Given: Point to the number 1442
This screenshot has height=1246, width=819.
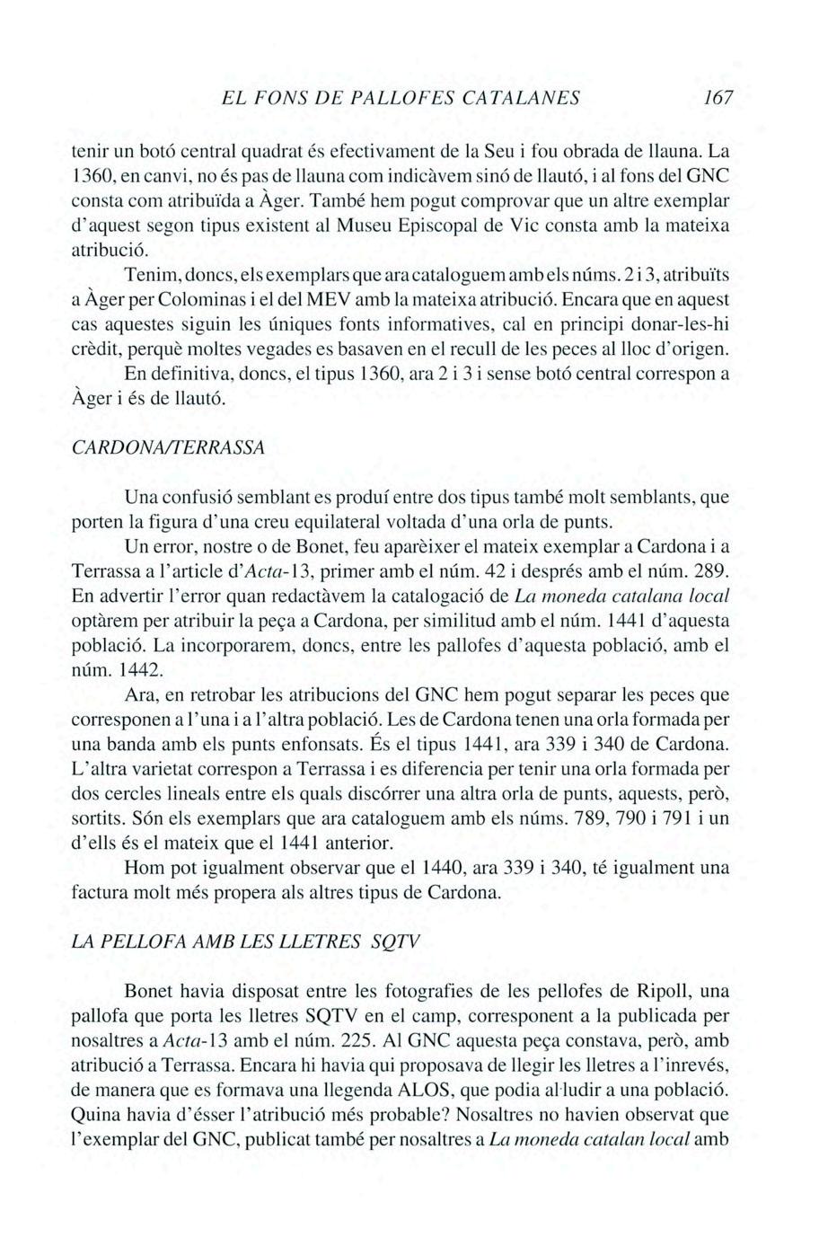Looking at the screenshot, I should [142, 669].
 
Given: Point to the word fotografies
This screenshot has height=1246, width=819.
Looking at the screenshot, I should [356, 991].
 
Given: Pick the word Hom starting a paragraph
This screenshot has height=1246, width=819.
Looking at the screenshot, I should [144, 869].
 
